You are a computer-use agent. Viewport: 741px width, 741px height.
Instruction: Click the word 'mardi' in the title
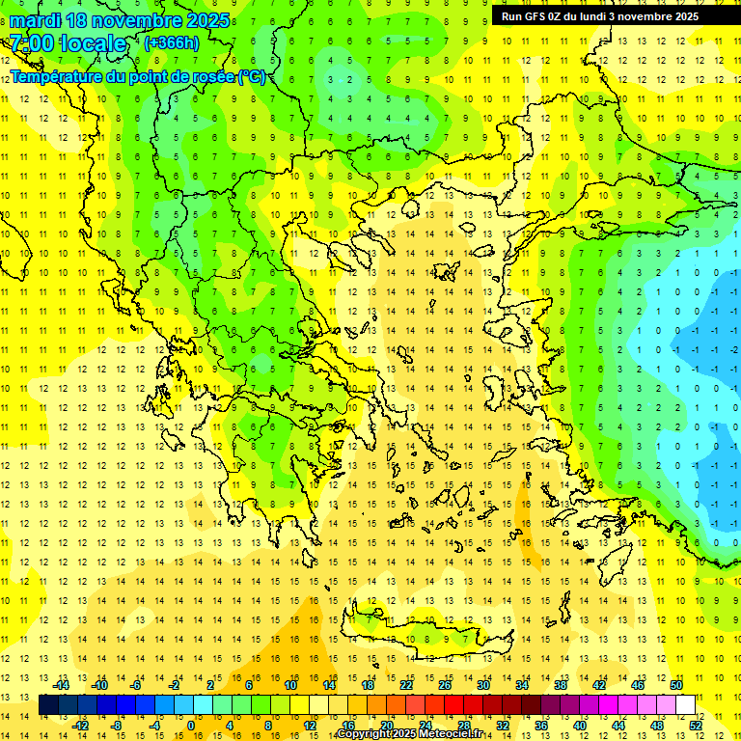pyautogui.click(x=37, y=20)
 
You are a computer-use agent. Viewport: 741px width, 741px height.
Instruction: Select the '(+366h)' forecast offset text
pyautogui.click(x=171, y=42)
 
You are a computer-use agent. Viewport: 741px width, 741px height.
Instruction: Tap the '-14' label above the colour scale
pyautogui.click(x=62, y=685)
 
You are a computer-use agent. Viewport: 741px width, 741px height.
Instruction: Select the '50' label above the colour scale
pyautogui.click(x=676, y=685)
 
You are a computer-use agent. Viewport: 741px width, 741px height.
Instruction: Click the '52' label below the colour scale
pyautogui.click(x=697, y=726)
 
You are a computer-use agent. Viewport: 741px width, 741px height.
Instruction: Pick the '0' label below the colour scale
pyautogui.click(x=191, y=726)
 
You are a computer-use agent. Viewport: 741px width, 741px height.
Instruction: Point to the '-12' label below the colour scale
pyautogui.click(x=81, y=726)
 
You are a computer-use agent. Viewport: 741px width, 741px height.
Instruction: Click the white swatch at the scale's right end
pyautogui.click(x=686, y=705)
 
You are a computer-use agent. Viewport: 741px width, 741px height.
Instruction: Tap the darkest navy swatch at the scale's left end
pyautogui.click(x=48, y=705)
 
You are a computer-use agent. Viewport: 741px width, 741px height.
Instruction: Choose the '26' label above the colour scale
pyautogui.click(x=446, y=685)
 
